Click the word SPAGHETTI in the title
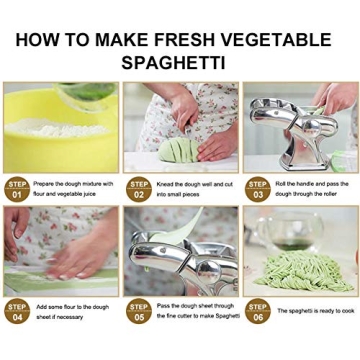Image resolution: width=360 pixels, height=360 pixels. point(180,63)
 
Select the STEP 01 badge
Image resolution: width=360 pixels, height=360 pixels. point(17,189)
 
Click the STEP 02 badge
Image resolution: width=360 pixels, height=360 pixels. point(138,189)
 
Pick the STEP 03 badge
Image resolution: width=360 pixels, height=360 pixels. point(257,189)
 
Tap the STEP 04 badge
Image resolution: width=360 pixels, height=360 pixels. point(17,311)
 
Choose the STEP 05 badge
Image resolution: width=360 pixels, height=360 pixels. point(138,311)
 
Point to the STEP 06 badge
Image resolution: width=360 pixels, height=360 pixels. point(257,311)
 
